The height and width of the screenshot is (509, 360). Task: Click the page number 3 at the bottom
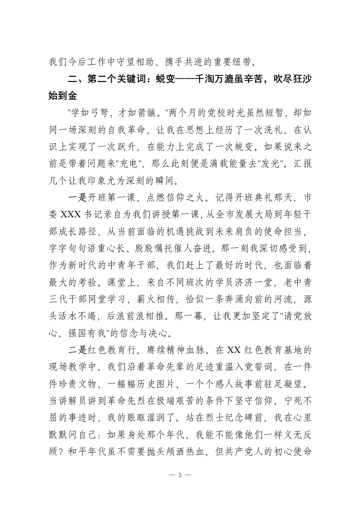click(180, 475)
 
